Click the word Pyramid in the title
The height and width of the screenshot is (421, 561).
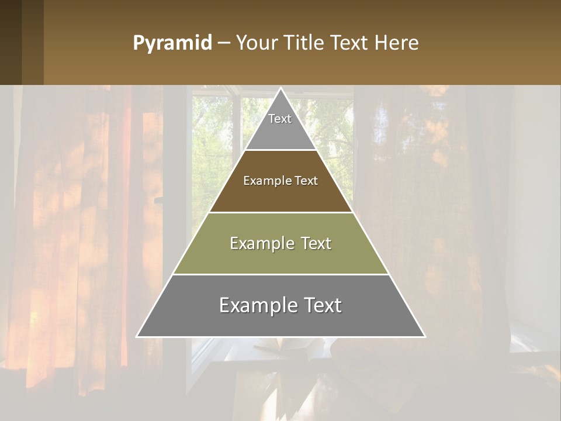pyautogui.click(x=172, y=43)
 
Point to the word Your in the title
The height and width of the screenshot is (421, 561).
pyautogui.click(x=255, y=43)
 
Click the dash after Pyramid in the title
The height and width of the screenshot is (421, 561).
pyautogui.click(x=224, y=43)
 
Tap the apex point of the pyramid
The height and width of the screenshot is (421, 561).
pyautogui.click(x=280, y=89)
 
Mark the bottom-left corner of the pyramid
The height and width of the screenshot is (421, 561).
pyautogui.click(x=137, y=336)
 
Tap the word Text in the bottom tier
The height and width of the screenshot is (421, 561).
pyautogui.click(x=322, y=305)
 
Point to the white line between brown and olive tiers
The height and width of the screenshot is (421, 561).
pyautogui.click(x=280, y=212)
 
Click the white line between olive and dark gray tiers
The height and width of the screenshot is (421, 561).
pyautogui.click(x=280, y=274)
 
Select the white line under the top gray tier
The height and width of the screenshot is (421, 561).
pyautogui.click(x=280, y=150)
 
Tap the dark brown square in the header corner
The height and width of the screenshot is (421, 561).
pyautogui.click(x=11, y=42)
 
